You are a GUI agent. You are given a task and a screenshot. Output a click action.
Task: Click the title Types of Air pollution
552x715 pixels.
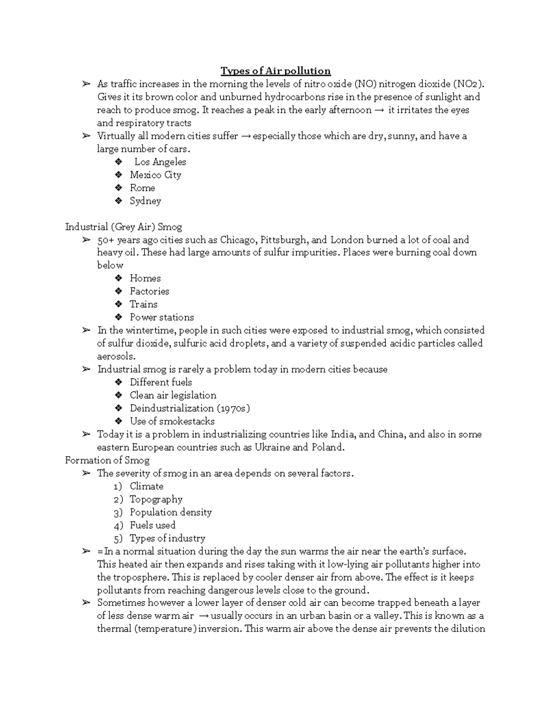(x=276, y=71)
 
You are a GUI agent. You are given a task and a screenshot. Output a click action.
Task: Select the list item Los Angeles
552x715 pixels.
(x=160, y=162)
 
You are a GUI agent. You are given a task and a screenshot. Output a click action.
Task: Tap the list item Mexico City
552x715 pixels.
(x=155, y=175)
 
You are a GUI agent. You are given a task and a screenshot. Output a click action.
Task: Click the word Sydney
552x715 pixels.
(x=145, y=201)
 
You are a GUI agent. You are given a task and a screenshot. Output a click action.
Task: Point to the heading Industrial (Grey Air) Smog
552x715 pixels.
(x=123, y=227)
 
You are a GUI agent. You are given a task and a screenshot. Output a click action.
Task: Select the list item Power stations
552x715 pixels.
(x=161, y=317)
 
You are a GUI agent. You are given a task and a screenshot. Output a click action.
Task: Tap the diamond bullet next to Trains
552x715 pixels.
(x=119, y=304)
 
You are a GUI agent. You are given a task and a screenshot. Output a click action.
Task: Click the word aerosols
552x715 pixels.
(x=116, y=356)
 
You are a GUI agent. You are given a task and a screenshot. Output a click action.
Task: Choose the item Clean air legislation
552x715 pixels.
(x=172, y=395)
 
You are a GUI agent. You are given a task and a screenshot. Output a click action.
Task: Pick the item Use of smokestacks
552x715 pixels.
(x=172, y=421)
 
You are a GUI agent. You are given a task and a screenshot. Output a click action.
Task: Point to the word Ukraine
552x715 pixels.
(x=272, y=448)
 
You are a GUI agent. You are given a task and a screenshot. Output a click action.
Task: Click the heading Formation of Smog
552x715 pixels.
(x=107, y=460)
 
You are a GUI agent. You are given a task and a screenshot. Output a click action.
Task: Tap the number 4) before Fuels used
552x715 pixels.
(x=118, y=526)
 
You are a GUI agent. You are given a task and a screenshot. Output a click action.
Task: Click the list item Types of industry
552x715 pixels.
(x=167, y=538)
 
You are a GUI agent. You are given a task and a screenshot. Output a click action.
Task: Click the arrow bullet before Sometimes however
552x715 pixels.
(x=86, y=603)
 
